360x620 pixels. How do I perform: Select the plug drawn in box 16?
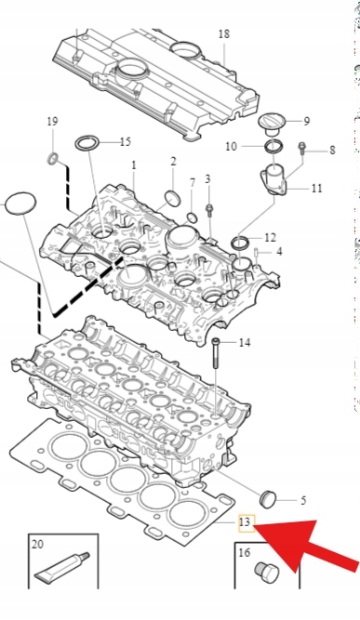click(266, 573)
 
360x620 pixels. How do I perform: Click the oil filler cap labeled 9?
click(271, 123)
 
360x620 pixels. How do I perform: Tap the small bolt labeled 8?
click(302, 149)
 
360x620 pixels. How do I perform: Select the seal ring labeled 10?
click(273, 146)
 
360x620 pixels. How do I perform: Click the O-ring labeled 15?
click(87, 143)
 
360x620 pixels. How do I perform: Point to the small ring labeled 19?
click(53, 158)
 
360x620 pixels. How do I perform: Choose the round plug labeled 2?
click(172, 198)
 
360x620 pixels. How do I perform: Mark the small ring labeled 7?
click(192, 218)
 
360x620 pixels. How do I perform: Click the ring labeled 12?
click(240, 242)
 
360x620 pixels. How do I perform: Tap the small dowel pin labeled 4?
click(257, 252)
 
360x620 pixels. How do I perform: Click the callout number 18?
click(224, 34)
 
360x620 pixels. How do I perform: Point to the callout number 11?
click(316, 188)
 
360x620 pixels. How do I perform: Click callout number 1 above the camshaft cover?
click(134, 165)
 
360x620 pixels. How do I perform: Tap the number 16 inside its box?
click(244, 552)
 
